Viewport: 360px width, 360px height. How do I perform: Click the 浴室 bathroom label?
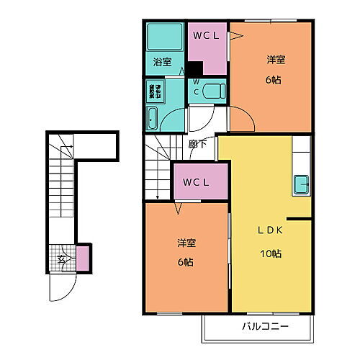pos(162,63)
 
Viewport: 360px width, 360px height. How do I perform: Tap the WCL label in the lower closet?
pos(196,182)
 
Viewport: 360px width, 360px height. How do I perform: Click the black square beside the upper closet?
pos(196,68)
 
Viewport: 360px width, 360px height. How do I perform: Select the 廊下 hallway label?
pos(197,144)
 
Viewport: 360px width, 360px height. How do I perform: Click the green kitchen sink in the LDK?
pos(302,184)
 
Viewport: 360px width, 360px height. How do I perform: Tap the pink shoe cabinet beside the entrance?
pos(83,258)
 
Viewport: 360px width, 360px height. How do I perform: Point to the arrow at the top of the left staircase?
pos(66,149)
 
